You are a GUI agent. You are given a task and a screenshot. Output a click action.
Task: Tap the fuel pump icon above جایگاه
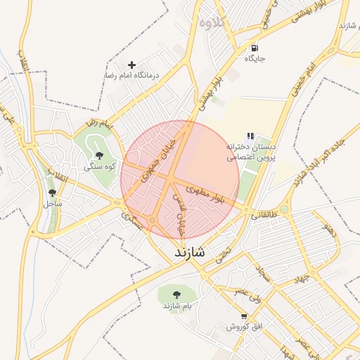coord(254,48)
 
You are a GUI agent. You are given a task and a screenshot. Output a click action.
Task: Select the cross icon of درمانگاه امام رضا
coord(131,64)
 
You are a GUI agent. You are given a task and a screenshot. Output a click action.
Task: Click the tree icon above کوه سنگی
coord(98,155)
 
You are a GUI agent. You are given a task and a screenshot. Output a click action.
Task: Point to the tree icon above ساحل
coord(53,192)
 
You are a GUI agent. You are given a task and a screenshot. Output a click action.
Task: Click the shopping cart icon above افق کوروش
coord(244,316)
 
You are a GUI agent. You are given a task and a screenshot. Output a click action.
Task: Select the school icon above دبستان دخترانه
coord(250,136)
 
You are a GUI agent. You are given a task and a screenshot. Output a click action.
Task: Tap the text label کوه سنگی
coord(99,167)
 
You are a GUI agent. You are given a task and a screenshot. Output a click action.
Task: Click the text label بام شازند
coord(177,307)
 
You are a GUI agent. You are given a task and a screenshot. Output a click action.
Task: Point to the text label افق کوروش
coord(244,328)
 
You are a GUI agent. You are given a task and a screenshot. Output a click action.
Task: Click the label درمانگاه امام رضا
coord(133,75)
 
